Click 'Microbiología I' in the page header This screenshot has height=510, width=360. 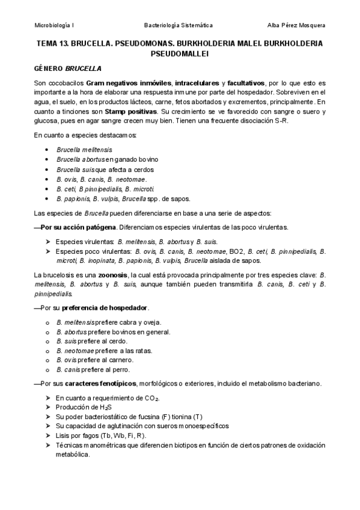(x=54, y=25)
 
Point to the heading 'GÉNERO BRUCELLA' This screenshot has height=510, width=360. (x=67, y=68)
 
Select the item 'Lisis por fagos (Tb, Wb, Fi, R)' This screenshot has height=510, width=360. (x=100, y=435)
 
